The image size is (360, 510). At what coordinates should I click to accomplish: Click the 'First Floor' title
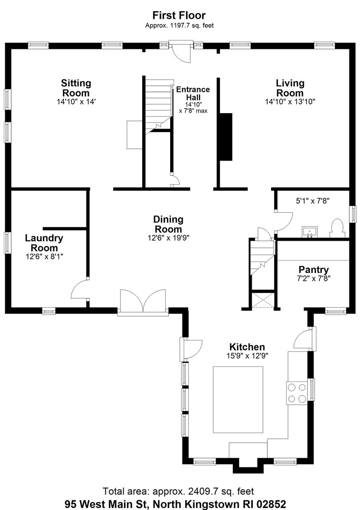coord(179,15)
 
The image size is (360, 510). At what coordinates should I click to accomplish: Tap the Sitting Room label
coord(76,88)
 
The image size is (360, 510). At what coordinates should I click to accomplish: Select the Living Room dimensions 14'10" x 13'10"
coord(290,102)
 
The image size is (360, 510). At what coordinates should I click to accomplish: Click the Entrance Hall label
coord(193,93)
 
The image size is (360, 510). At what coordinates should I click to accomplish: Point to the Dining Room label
coord(169,224)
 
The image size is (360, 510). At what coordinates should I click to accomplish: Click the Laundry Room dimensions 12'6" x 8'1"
coord(44,256)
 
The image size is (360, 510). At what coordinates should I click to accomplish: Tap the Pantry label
coord(314,270)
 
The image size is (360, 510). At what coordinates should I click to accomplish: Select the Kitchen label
coord(247,347)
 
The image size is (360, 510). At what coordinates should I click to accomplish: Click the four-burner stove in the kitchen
coord(297,393)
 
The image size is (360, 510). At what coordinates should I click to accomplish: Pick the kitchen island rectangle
coord(238,400)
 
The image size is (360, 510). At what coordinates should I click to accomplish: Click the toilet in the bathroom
coord(337,228)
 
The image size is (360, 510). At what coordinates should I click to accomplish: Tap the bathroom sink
coord(310,232)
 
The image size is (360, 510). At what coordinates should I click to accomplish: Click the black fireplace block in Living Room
coord(226,137)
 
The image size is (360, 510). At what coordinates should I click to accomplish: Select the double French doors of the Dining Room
coord(143,302)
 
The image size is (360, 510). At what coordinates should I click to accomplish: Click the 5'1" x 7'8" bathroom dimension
coord(313,201)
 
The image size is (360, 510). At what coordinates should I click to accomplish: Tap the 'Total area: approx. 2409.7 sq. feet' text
coord(178,491)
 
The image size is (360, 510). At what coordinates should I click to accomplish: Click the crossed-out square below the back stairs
coord(263,300)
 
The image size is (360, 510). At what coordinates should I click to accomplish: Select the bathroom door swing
coord(284,221)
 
